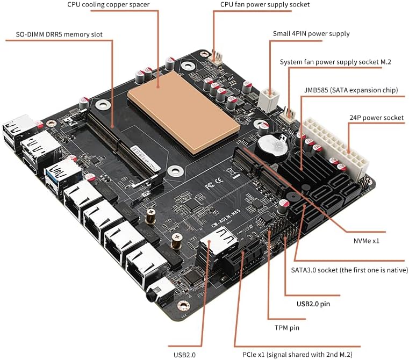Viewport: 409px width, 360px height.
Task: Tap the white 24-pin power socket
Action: [336, 148]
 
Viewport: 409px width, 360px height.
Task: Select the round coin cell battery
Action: [272, 145]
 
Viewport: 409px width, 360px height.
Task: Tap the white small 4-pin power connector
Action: [268, 98]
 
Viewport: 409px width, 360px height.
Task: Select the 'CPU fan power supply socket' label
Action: [265, 5]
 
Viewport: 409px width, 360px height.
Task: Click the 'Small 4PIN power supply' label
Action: [311, 33]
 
